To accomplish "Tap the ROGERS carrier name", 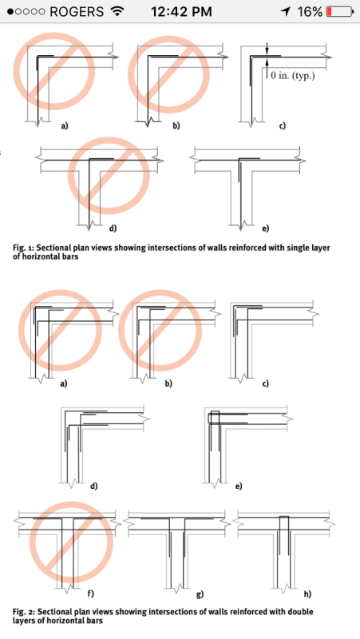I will click(77, 12).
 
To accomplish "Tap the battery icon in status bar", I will click(339, 12).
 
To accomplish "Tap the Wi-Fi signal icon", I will click(118, 12).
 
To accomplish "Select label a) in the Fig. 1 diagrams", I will click(65, 126).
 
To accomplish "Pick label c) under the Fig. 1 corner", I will click(282, 126).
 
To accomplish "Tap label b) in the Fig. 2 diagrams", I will click(168, 384).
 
